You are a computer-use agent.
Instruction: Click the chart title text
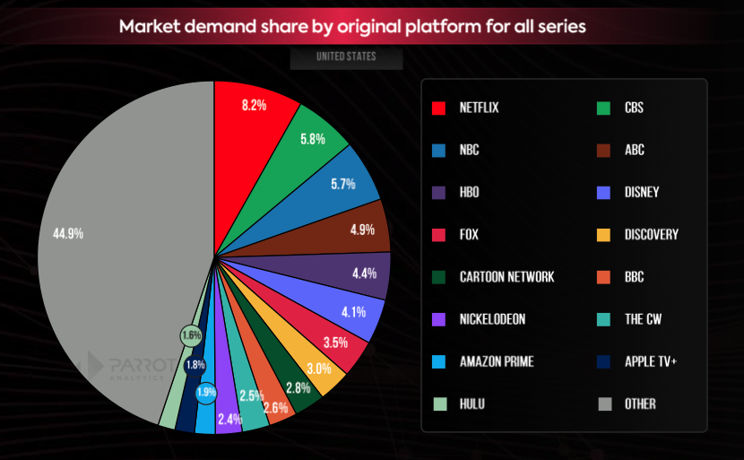(x=352, y=26)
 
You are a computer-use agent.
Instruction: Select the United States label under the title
(x=346, y=57)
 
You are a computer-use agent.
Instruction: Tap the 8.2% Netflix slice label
(x=254, y=105)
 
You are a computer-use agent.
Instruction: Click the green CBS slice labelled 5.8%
(x=313, y=141)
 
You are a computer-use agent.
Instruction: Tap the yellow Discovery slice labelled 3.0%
(x=319, y=369)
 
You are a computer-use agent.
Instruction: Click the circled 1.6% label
(x=190, y=335)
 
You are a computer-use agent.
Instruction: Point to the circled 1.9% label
(x=206, y=392)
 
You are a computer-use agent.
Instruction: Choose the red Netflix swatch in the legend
(x=439, y=108)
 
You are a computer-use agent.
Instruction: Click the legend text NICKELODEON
(x=492, y=319)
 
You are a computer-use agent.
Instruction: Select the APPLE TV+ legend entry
(x=652, y=361)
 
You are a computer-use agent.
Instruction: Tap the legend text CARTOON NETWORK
(x=506, y=277)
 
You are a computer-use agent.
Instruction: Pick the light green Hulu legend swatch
(x=439, y=404)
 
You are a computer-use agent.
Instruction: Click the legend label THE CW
(x=642, y=319)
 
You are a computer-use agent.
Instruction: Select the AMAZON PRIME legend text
(x=496, y=361)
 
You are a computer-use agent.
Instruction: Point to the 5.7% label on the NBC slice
(x=343, y=184)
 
